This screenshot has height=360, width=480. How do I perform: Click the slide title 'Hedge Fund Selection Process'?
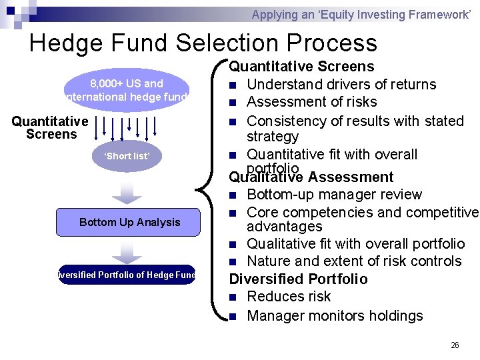[203, 43]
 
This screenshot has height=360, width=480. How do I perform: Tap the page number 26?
[455, 345]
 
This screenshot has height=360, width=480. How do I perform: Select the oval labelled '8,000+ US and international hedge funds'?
[127, 90]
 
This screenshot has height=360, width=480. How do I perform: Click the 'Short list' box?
[127, 156]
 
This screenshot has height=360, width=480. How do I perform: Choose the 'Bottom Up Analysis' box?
[129, 222]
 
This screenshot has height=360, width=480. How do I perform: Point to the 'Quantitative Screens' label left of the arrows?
[51, 127]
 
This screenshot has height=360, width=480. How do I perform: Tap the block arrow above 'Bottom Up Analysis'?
[127, 192]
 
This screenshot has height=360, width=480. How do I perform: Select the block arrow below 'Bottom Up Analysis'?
[127, 252]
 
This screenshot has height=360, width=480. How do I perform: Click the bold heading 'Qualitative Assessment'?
[311, 177]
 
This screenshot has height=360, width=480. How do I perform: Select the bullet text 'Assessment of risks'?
[311, 102]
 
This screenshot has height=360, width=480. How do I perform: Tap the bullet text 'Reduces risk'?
[289, 297]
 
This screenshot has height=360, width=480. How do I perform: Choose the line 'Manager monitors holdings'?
[335, 315]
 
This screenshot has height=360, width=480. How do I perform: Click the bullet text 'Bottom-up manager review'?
[334, 195]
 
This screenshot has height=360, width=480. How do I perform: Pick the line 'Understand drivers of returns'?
[341, 85]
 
